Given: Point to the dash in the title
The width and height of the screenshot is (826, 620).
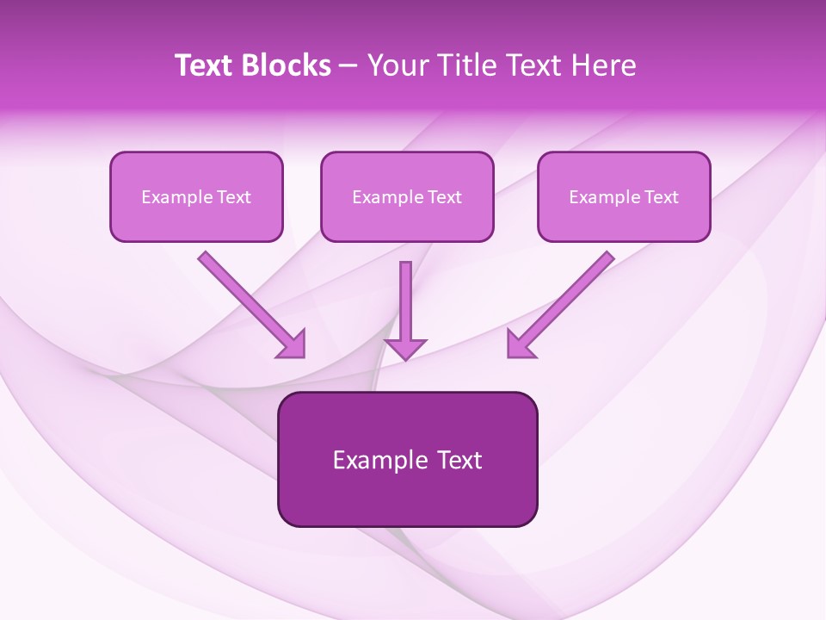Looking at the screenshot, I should [348, 65].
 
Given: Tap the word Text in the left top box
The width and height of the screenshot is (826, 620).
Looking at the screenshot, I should [234, 197].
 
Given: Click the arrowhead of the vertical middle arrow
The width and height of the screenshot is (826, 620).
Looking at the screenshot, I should [405, 349].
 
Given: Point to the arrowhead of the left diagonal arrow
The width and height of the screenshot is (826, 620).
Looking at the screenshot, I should [293, 344].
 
